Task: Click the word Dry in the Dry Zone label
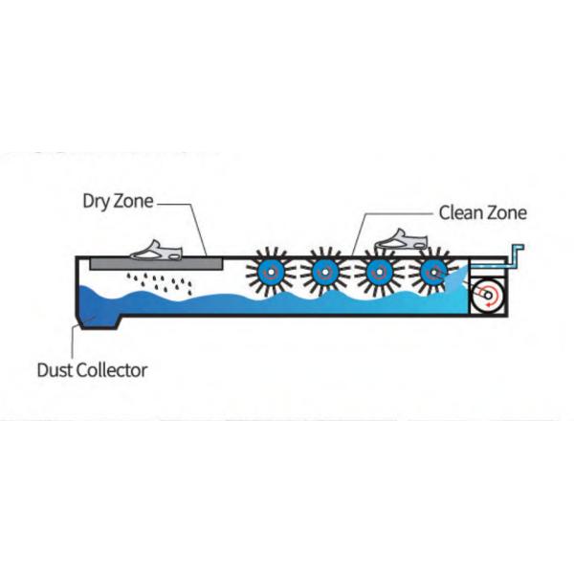point(98,202)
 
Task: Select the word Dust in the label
point(55,368)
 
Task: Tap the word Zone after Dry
point(135,202)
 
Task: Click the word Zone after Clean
point(507,212)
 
